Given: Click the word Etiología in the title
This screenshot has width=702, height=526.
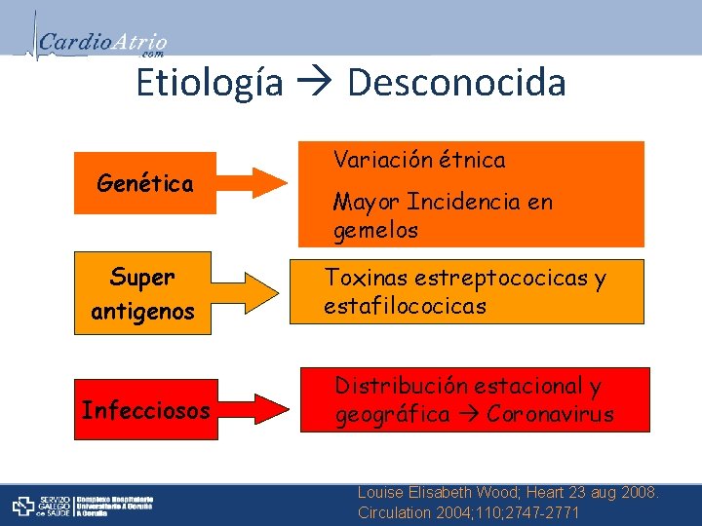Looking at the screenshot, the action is (210, 83).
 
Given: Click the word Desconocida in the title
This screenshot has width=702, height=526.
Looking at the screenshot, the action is (456, 83).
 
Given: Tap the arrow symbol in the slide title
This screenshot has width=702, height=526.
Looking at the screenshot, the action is (315, 85).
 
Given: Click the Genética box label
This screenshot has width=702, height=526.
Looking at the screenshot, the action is (145, 183).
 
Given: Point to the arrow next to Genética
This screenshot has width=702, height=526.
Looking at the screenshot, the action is (253, 183).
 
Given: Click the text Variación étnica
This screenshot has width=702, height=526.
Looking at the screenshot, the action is (419, 160).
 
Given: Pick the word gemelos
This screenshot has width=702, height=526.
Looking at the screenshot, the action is (375, 231).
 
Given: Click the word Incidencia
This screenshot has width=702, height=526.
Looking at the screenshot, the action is (454, 203).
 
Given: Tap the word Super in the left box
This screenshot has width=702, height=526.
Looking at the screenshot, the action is (142, 278).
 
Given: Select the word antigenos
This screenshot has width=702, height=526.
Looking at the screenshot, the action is (142, 313).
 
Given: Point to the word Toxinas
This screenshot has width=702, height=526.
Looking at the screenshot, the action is (366, 279).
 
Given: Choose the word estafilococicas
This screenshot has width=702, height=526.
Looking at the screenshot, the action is (405, 307).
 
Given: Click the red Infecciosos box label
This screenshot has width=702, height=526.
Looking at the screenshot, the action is (145, 410).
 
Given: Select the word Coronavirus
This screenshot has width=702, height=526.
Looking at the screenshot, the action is (550, 414).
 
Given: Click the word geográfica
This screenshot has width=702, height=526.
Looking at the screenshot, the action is (392, 414).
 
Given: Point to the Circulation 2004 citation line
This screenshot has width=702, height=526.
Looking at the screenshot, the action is (468, 512).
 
